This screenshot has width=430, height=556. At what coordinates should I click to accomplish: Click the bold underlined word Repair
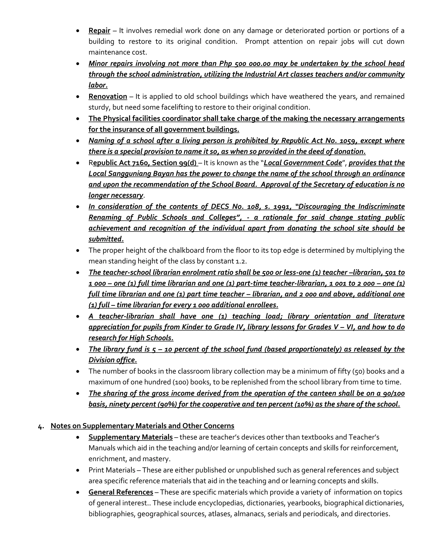pyautogui.click(x=99, y=31)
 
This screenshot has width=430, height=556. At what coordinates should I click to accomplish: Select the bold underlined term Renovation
pyautogui.click(x=108, y=97)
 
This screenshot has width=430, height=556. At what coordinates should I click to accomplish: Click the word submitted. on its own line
pyautogui.click(x=106, y=239)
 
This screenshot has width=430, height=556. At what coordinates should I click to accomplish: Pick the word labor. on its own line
pyautogui.click(x=98, y=85)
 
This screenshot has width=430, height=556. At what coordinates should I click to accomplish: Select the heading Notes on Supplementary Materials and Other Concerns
pyautogui.click(x=142, y=426)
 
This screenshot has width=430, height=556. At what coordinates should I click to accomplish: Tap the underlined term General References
pyautogui.click(x=121, y=492)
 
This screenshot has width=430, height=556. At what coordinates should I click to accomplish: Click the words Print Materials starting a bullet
pyautogui.click(x=112, y=470)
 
